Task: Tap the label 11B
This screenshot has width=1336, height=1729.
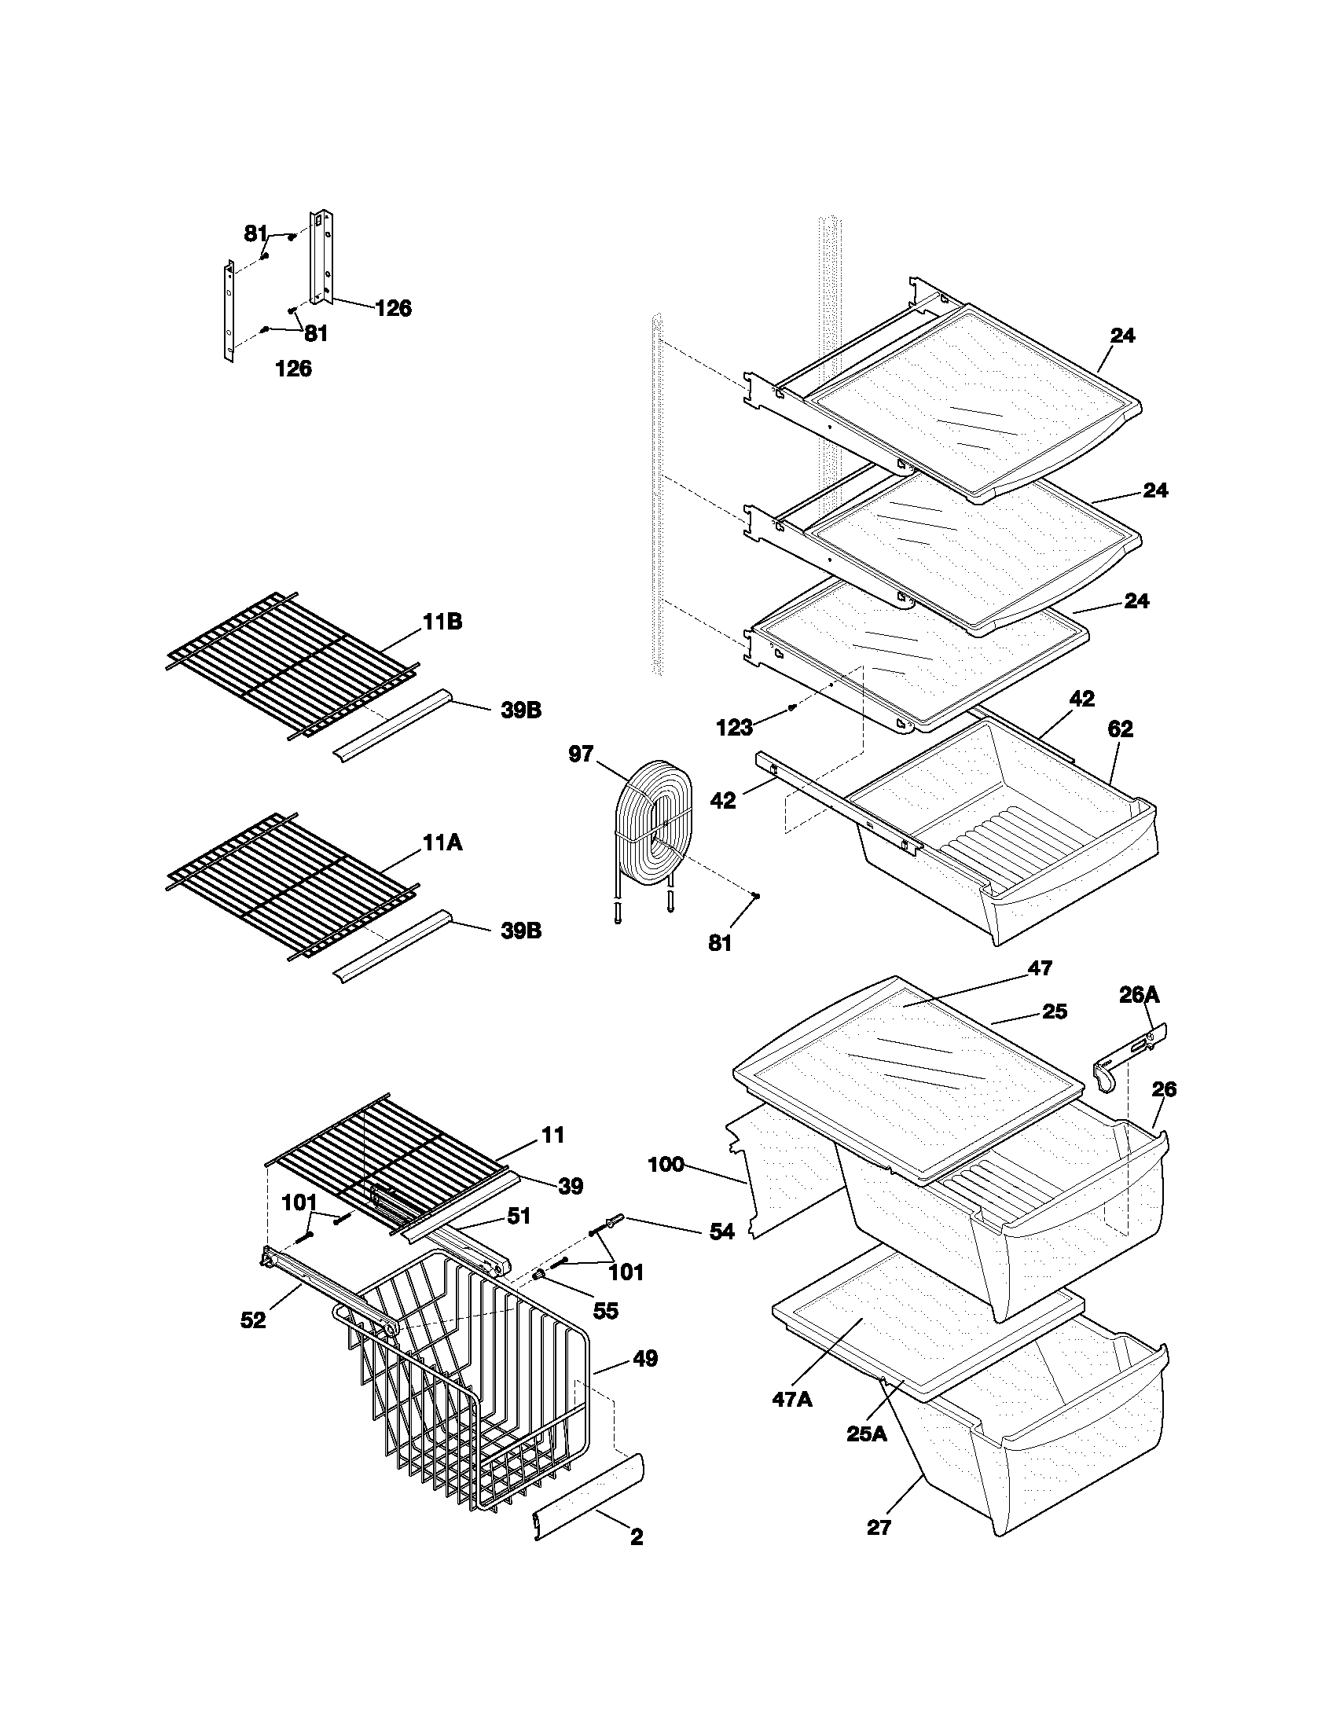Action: point(442,622)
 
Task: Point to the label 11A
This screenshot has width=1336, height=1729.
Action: point(442,843)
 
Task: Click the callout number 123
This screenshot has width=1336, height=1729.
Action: point(734,728)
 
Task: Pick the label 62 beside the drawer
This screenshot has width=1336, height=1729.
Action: point(1120,729)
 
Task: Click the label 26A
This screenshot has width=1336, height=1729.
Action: point(1139,995)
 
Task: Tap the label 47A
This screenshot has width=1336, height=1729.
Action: point(791,1399)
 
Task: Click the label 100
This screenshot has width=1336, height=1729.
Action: point(666,1165)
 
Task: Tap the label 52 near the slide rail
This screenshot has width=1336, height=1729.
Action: point(253,1320)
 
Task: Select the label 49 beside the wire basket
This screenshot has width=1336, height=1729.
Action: point(645,1359)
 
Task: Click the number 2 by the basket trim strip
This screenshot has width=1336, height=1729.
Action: point(637,1559)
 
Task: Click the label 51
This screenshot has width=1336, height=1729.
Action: point(519,1215)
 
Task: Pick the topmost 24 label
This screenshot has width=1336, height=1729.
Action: point(1122,336)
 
